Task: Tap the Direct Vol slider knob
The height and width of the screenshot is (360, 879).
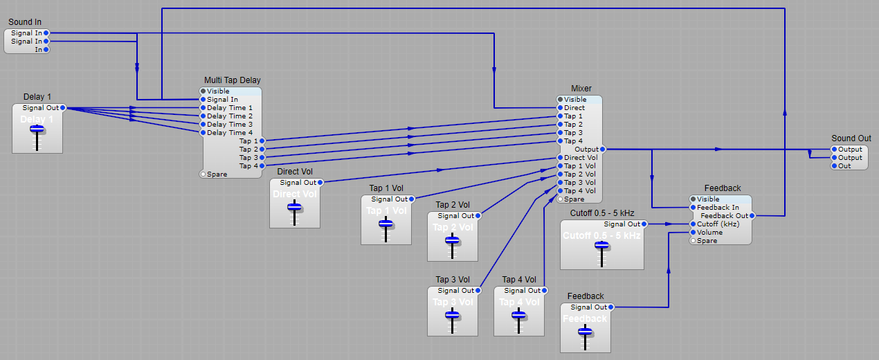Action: [x=295, y=206]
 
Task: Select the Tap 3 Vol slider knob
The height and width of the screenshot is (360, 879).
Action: [x=452, y=314]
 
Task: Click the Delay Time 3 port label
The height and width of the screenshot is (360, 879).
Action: [x=230, y=125]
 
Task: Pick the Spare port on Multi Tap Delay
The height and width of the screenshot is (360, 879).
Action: [x=203, y=174]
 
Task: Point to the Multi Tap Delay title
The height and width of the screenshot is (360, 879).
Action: [x=232, y=80]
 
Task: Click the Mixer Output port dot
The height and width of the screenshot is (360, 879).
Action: [x=603, y=150]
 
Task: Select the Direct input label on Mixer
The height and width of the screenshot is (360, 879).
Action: [x=574, y=108]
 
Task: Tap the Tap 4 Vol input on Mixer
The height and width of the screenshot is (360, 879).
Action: [x=561, y=191]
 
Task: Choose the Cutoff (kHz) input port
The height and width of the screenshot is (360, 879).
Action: [x=693, y=224]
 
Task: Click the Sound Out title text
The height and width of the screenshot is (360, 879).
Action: [x=851, y=138]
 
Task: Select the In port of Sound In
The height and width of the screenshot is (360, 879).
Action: [x=46, y=50]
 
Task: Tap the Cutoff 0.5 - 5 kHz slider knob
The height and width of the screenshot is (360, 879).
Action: [x=601, y=245]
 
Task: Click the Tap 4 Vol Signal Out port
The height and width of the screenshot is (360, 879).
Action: [x=545, y=291]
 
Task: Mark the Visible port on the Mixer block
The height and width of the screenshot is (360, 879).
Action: [x=560, y=100]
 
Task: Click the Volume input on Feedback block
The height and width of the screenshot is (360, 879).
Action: [x=693, y=233]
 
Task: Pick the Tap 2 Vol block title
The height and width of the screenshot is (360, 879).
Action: [x=452, y=205]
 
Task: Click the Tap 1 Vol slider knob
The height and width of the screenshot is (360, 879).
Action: [x=386, y=223]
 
